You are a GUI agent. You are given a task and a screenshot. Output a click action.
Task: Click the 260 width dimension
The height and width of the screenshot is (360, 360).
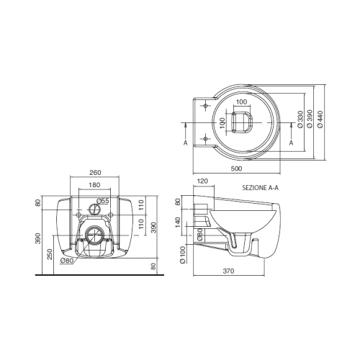pyautogui.click(x=95, y=173)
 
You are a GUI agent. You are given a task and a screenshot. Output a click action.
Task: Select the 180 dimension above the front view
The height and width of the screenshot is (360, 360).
pyautogui.click(x=94, y=185)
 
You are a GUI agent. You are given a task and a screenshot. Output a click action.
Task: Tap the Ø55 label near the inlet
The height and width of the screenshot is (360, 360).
pyautogui.click(x=103, y=201)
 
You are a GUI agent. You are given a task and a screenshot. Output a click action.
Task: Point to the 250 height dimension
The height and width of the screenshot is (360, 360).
pyautogui.click(x=50, y=254)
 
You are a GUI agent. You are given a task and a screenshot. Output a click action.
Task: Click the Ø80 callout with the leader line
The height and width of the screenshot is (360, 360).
pyautogui.click(x=66, y=261)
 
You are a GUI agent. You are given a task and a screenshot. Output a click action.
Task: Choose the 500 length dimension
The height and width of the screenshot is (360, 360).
pyautogui.click(x=236, y=168)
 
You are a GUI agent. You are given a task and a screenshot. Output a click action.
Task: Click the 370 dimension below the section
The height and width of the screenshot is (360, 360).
pyautogui.click(x=228, y=271)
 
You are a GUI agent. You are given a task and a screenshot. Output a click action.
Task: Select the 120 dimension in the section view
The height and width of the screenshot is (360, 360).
pyautogui.click(x=202, y=181)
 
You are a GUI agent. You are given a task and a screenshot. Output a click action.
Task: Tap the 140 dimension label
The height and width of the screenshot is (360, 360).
pyautogui.click(x=178, y=222)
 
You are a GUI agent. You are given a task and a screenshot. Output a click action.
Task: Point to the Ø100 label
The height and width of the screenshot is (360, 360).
pyautogui.click(x=183, y=255)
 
